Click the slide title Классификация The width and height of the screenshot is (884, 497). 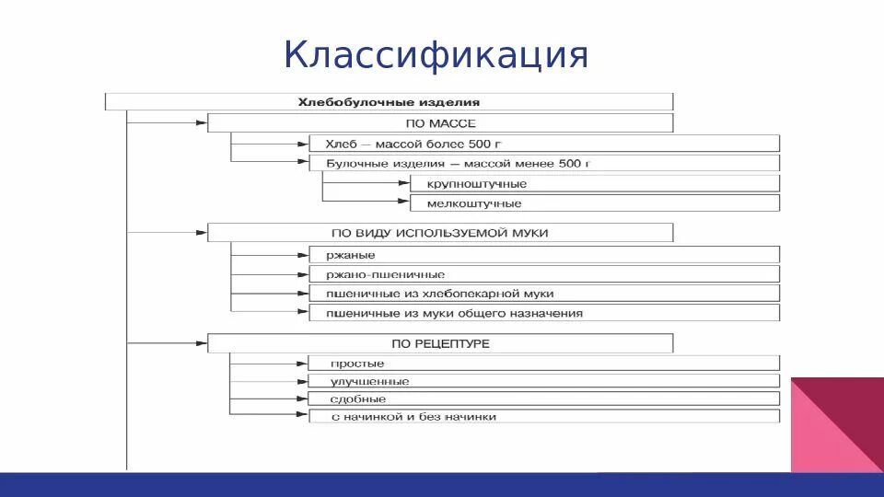click(436, 55)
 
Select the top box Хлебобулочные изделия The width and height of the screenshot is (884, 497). click(389, 102)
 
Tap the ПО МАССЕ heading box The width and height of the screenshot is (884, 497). click(440, 123)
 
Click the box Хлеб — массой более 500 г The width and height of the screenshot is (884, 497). click(543, 144)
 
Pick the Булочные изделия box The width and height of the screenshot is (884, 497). click(543, 163)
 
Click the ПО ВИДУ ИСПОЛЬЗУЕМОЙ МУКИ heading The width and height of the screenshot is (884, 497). click(440, 233)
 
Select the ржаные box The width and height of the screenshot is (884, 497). click(543, 255)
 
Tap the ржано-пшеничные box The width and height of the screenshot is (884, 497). click(543, 274)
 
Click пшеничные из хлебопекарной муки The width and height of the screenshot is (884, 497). click(543, 294)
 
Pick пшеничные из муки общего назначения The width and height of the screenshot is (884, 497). click(543, 313)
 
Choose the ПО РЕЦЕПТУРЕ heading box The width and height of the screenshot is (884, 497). click(440, 343)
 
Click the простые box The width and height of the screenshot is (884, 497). click(543, 364)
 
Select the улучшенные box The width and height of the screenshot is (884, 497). click(543, 381)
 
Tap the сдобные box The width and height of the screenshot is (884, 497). click(543, 399)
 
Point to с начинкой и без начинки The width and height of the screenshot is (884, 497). click(543, 417)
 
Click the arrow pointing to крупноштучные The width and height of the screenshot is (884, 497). click(402, 184)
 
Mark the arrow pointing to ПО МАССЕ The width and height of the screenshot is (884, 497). click(200, 122)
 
